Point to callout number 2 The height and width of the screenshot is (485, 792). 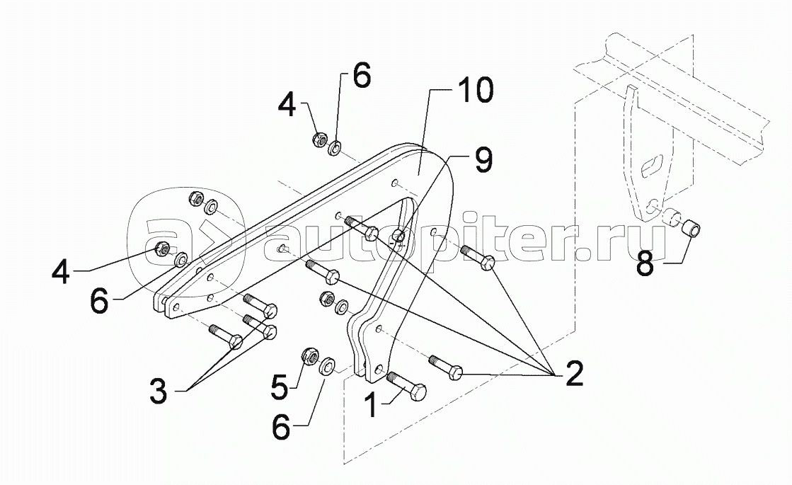click(x=574, y=373)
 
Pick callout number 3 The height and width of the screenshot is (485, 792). click(x=158, y=390)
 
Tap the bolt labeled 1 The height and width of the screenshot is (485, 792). click(x=406, y=387)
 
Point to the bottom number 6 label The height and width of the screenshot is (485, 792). click(x=282, y=428)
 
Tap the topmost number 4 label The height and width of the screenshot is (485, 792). click(x=287, y=105)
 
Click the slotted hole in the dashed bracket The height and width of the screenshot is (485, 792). click(x=650, y=168)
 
